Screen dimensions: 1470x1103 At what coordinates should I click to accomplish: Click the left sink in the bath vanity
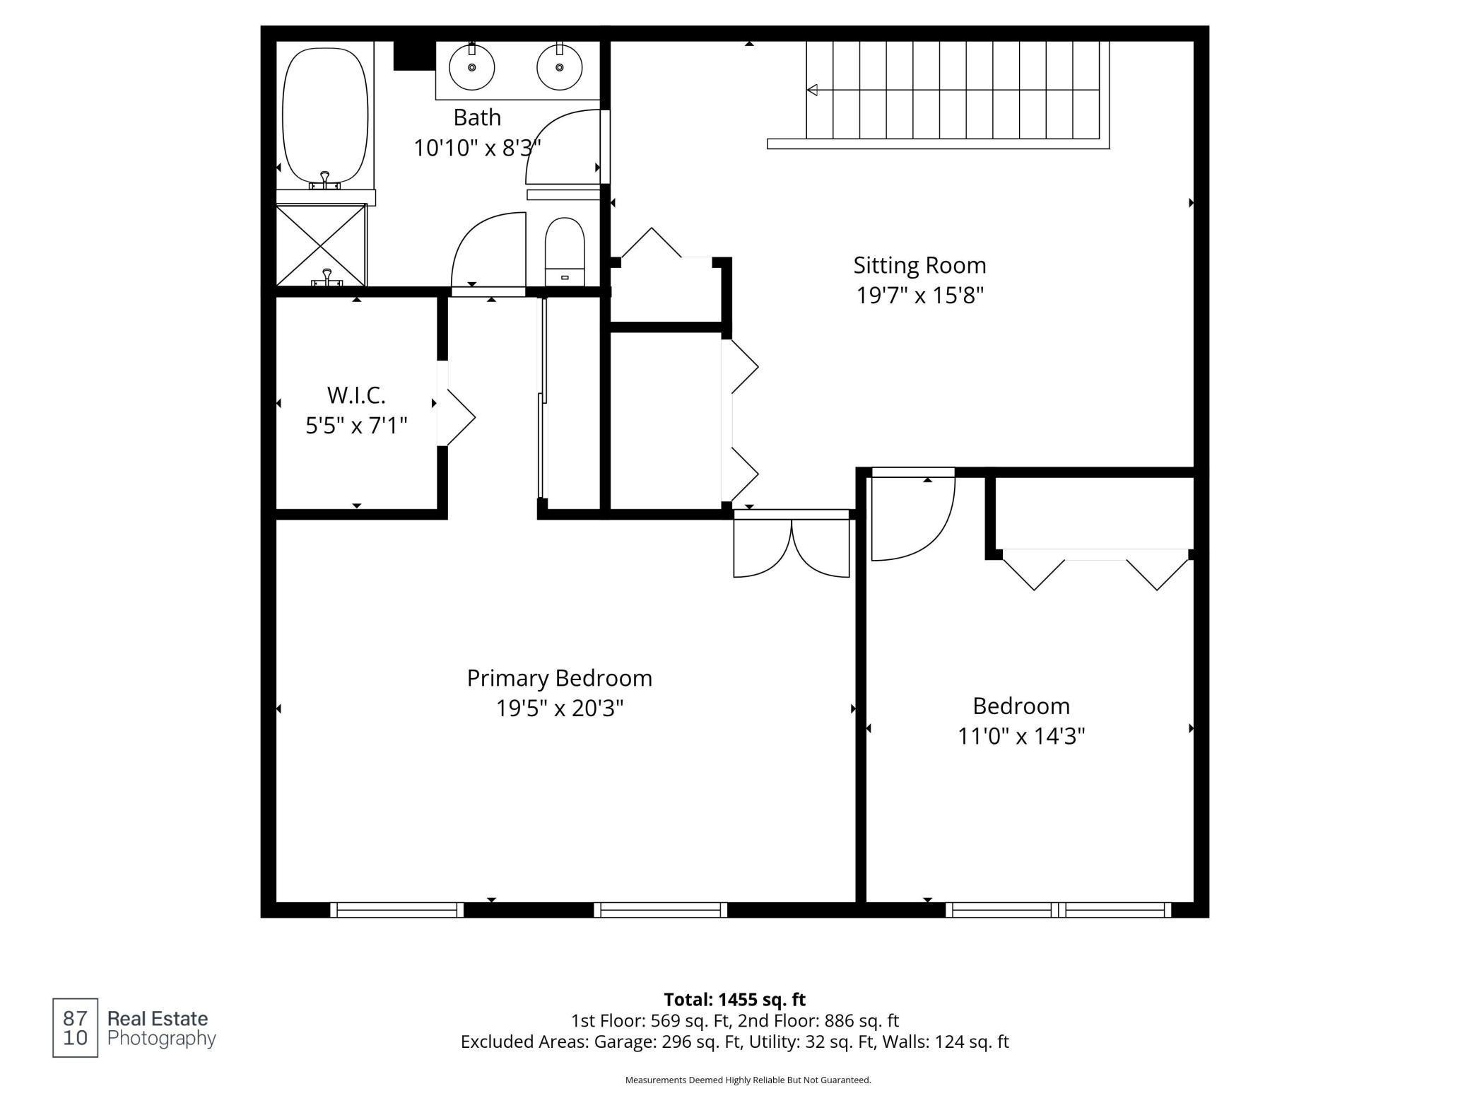[471, 67]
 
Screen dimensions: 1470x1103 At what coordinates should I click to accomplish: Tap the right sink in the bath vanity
[559, 67]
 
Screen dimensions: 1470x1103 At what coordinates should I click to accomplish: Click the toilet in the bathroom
[565, 252]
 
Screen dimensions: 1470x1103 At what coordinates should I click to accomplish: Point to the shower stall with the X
[321, 245]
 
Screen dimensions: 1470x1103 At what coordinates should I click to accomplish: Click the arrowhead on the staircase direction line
[813, 90]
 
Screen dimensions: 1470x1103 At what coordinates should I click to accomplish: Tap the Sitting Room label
[919, 265]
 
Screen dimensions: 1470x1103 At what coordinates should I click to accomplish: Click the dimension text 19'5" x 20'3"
[560, 708]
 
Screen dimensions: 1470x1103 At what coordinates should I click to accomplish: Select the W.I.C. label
[356, 395]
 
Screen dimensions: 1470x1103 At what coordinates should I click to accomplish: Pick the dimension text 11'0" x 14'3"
[1021, 736]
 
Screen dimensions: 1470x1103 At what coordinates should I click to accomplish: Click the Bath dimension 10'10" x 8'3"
[477, 148]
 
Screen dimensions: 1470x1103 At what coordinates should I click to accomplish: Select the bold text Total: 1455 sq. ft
[735, 1000]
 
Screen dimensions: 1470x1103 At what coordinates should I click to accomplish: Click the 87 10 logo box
[75, 1028]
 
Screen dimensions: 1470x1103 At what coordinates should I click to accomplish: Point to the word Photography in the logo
[161, 1039]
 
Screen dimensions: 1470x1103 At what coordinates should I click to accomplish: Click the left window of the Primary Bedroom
[397, 910]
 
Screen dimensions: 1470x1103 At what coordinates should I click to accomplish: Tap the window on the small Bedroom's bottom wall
[1059, 910]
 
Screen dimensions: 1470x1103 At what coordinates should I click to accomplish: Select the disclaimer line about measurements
[748, 1080]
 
